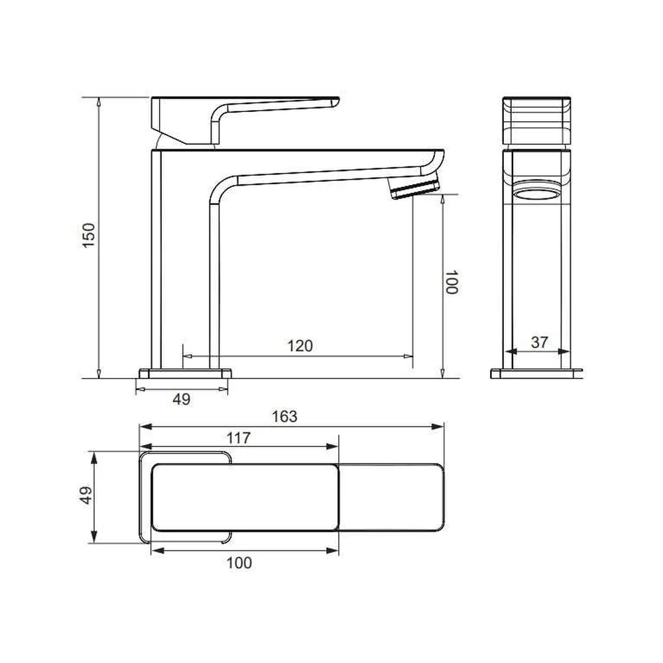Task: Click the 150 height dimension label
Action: (89, 235)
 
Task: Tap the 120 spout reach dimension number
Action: (300, 346)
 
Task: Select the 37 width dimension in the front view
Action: (539, 342)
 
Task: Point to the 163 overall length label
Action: (284, 416)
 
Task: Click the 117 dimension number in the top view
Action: (239, 438)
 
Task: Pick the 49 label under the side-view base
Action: (182, 399)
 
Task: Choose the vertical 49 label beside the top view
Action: (86, 495)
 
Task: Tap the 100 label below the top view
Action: (239, 563)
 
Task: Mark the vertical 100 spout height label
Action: (452, 282)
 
